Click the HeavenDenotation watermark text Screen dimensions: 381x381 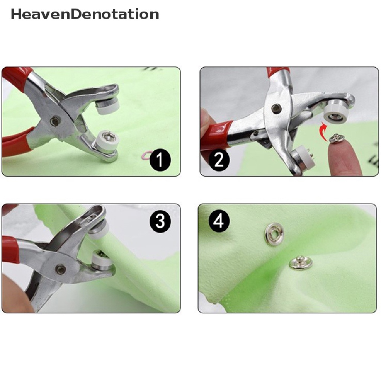85,14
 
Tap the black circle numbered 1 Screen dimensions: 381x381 160,160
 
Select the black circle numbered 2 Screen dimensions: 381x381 219,160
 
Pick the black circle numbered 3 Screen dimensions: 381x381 160,221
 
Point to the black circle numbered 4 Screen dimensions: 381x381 219,221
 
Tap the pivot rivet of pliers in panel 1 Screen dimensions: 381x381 54,121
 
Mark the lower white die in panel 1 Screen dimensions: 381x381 105,142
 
